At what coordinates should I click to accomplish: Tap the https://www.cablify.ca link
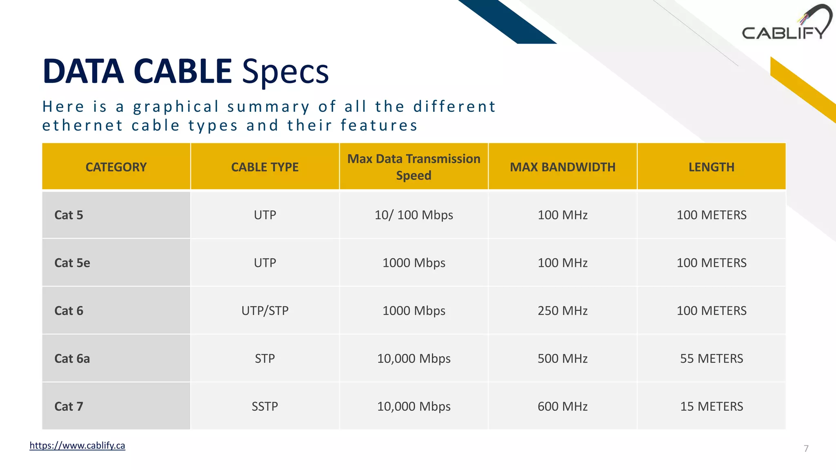pos(77,445)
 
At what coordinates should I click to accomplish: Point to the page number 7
pos(806,448)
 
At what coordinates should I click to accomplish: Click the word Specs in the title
pos(285,72)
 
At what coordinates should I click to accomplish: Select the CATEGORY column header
pos(116,167)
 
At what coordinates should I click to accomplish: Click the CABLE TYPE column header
pos(265,167)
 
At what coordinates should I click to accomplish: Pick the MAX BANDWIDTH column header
pos(563,167)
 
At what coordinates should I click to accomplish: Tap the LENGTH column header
pos(711,167)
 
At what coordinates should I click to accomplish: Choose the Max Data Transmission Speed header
pos(414,167)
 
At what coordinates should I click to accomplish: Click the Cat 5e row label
pos(72,263)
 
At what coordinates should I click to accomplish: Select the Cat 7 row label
pos(69,406)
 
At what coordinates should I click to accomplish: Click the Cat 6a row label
pos(72,359)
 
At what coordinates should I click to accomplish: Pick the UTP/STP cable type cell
pos(265,311)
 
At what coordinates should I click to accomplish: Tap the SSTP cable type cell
pos(265,406)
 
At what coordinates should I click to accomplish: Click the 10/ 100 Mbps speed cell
pos(414,215)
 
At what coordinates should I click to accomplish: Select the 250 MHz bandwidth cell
pos(563,311)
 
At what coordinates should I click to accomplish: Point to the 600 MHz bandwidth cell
pos(563,406)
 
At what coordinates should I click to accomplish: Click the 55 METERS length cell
pos(711,359)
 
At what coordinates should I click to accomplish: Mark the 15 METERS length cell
pos(711,406)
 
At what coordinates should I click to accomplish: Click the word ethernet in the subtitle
pos(82,126)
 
